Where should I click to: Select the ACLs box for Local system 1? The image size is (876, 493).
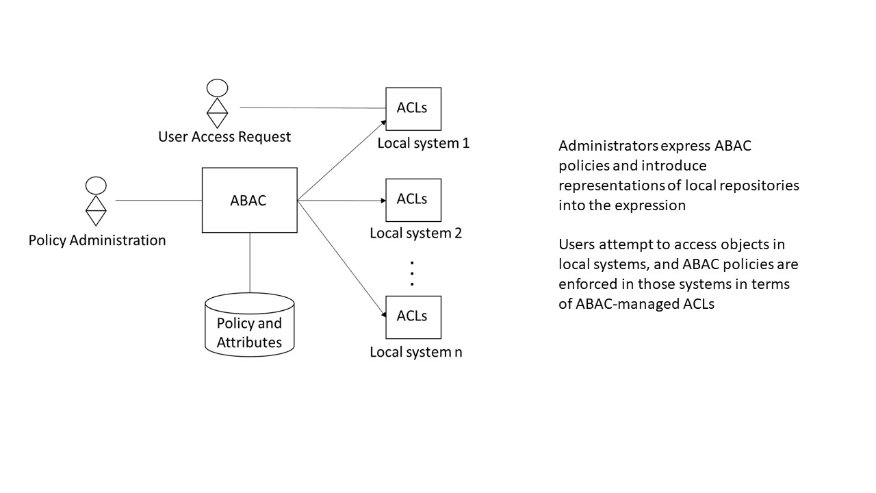[x=413, y=108]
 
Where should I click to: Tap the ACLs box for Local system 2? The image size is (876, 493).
[x=413, y=199]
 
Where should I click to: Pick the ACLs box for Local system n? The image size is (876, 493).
[x=413, y=316]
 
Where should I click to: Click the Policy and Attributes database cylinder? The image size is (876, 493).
[x=249, y=325]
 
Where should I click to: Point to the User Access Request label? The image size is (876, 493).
[x=224, y=137]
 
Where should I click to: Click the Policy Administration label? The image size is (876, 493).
[x=97, y=240]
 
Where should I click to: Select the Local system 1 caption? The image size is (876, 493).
[x=423, y=144]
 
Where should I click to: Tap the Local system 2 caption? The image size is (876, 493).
[x=416, y=233]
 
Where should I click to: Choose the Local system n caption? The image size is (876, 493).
[x=416, y=352]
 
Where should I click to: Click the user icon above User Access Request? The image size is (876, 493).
[x=217, y=103]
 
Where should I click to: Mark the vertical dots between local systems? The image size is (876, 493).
[x=413, y=273]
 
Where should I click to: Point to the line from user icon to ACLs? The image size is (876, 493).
[x=312, y=108]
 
